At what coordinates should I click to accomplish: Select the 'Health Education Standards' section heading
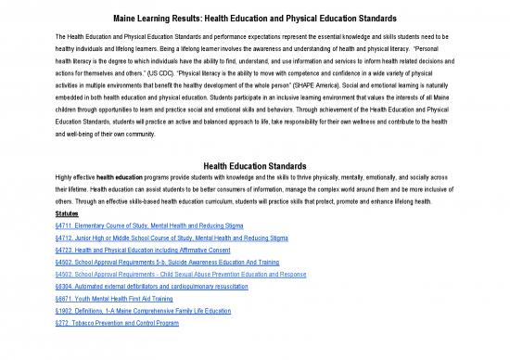254,165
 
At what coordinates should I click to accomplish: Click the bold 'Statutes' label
67,213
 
